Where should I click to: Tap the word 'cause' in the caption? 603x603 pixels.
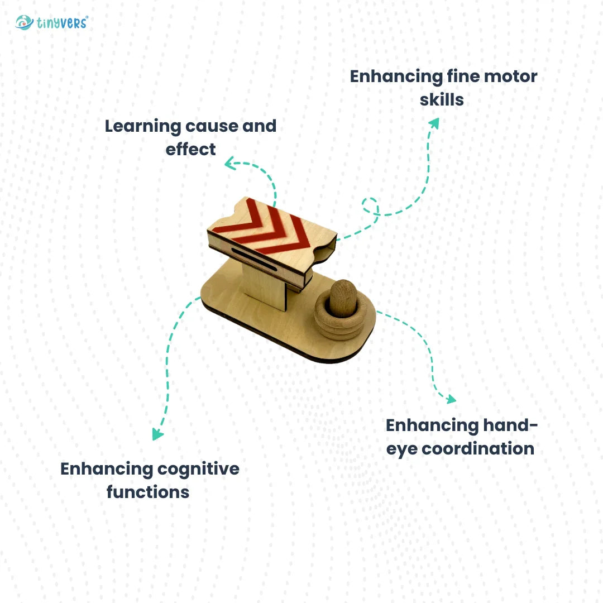tap(209, 126)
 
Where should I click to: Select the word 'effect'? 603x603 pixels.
tap(190, 150)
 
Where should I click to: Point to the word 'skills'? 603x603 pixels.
tap(442, 100)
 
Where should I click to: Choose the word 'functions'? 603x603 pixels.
tap(148, 492)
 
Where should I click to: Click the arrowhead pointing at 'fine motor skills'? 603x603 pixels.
tap(434, 123)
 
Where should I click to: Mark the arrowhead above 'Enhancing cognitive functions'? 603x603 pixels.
tap(158, 434)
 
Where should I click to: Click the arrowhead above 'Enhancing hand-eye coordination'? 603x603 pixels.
tap(450, 399)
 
